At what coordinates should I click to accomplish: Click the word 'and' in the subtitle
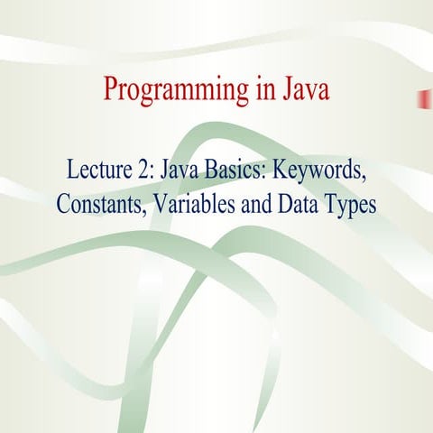[x=252, y=204]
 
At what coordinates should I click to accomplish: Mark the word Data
[x=296, y=204]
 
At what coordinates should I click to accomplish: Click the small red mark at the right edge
[x=421, y=98]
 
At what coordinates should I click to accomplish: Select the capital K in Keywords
[x=280, y=169]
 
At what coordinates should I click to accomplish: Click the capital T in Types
[x=330, y=204]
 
